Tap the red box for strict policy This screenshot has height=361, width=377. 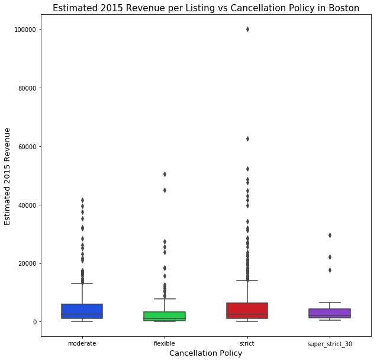(247, 311)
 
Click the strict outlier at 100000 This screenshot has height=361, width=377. (247, 29)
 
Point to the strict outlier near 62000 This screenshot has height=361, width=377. (247, 138)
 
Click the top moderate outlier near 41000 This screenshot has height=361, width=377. (82, 200)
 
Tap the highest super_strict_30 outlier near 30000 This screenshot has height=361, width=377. (330, 235)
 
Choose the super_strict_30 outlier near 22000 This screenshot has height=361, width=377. (330, 257)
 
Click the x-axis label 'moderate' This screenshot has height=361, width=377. (82, 343)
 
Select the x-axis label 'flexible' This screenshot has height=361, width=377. (165, 343)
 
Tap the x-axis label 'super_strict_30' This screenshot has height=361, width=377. (330, 343)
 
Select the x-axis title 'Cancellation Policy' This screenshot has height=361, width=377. (205, 353)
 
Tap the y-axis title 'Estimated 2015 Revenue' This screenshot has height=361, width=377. (8, 176)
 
